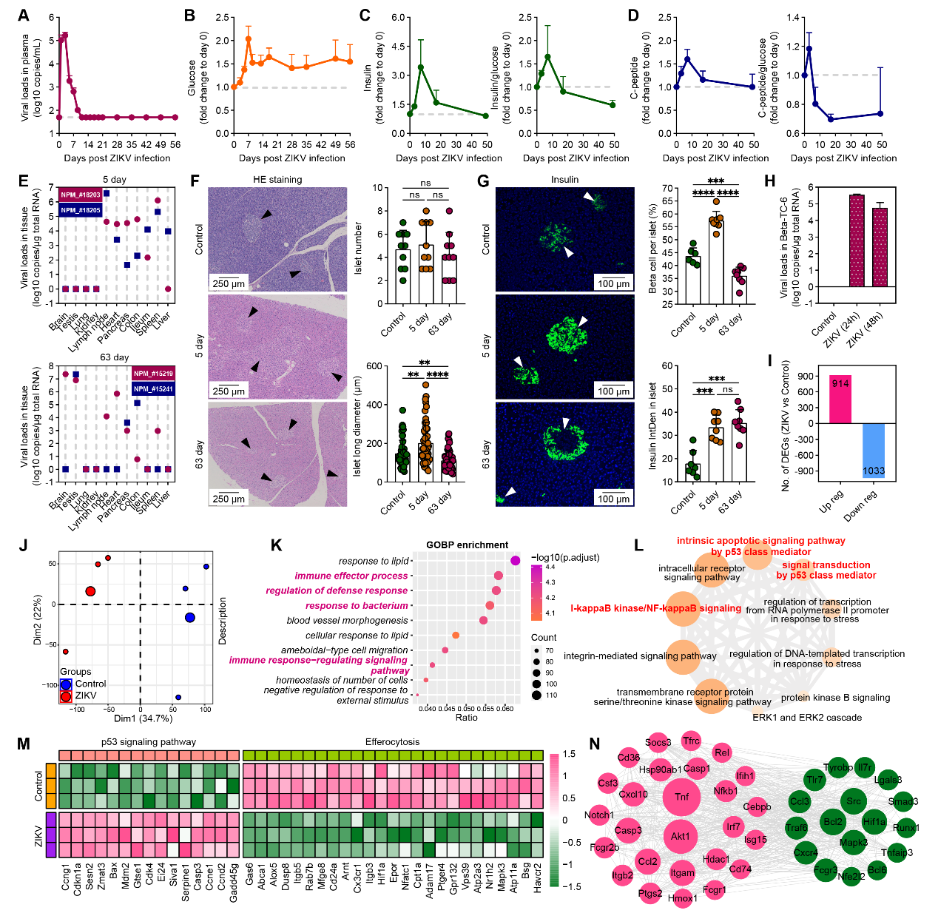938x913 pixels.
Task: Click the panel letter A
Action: (x=24, y=16)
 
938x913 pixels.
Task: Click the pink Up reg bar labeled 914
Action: (x=840, y=400)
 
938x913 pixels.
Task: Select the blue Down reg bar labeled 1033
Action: (x=873, y=451)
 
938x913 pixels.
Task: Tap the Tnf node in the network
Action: (x=681, y=797)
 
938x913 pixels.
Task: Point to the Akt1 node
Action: (x=680, y=836)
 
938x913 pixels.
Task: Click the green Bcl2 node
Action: (x=833, y=821)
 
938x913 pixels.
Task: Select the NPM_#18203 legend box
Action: (x=81, y=195)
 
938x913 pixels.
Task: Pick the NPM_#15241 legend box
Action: (x=153, y=388)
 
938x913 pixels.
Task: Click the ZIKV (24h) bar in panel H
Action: (x=857, y=240)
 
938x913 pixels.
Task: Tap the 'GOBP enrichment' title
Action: (x=467, y=545)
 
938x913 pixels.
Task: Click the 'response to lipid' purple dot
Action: (x=515, y=561)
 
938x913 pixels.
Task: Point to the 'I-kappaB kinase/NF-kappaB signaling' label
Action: (x=655, y=608)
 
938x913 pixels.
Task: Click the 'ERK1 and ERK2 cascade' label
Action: (x=807, y=717)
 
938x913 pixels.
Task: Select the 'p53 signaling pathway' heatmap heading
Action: (x=149, y=741)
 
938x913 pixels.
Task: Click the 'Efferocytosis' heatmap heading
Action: (x=392, y=741)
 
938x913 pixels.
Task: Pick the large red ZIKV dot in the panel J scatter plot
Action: (x=90, y=591)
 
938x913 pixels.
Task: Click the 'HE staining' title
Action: (x=277, y=179)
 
